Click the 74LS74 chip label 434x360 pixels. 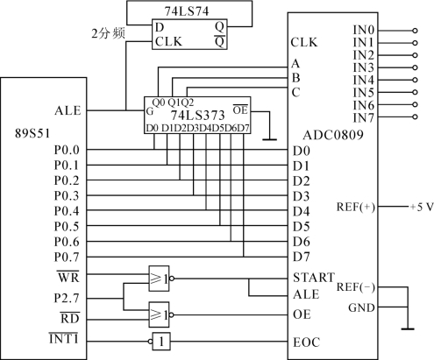(187, 11)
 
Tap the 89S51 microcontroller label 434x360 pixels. (32, 133)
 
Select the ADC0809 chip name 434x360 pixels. (333, 135)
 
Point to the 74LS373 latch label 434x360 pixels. (197, 115)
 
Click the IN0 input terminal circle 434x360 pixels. (415, 31)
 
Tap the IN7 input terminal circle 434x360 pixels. (415, 116)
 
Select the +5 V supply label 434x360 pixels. (422, 207)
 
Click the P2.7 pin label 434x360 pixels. (67, 298)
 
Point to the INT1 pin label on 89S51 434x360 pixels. (64, 339)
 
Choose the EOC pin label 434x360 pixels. (306, 342)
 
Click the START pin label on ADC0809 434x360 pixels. (314, 278)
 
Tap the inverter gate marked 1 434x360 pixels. (160, 341)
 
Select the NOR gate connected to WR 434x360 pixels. (160, 279)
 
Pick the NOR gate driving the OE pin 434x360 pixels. (160, 314)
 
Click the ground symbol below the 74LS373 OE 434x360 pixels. (269, 139)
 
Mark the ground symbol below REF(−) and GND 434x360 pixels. (408, 329)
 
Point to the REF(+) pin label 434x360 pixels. (355, 207)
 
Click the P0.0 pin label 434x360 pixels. (67, 150)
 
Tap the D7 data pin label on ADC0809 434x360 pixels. (301, 257)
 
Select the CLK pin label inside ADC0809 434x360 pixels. (304, 42)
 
